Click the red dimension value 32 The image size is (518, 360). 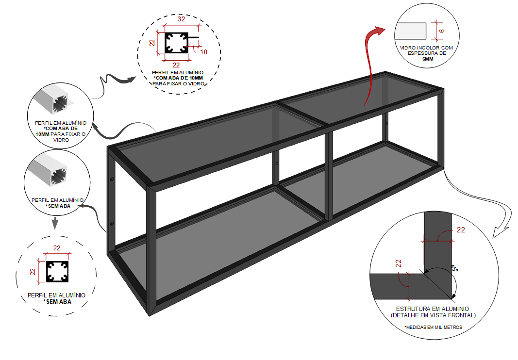(181, 19)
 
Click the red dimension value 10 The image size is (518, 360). (203, 52)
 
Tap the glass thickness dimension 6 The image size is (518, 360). (442, 31)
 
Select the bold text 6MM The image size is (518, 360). (428, 59)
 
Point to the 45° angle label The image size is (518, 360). (454, 268)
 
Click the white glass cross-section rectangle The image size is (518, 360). (410, 31)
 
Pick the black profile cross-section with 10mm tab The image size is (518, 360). (181, 43)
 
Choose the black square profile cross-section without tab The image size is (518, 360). (57, 272)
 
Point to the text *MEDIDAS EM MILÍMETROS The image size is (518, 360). (433, 327)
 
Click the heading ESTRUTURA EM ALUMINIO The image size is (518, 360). (433, 309)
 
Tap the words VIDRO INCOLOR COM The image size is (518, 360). (427, 48)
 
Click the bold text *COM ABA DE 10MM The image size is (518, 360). (178, 78)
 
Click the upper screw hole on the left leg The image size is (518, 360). (112, 180)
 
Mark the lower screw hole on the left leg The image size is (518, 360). (112, 224)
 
